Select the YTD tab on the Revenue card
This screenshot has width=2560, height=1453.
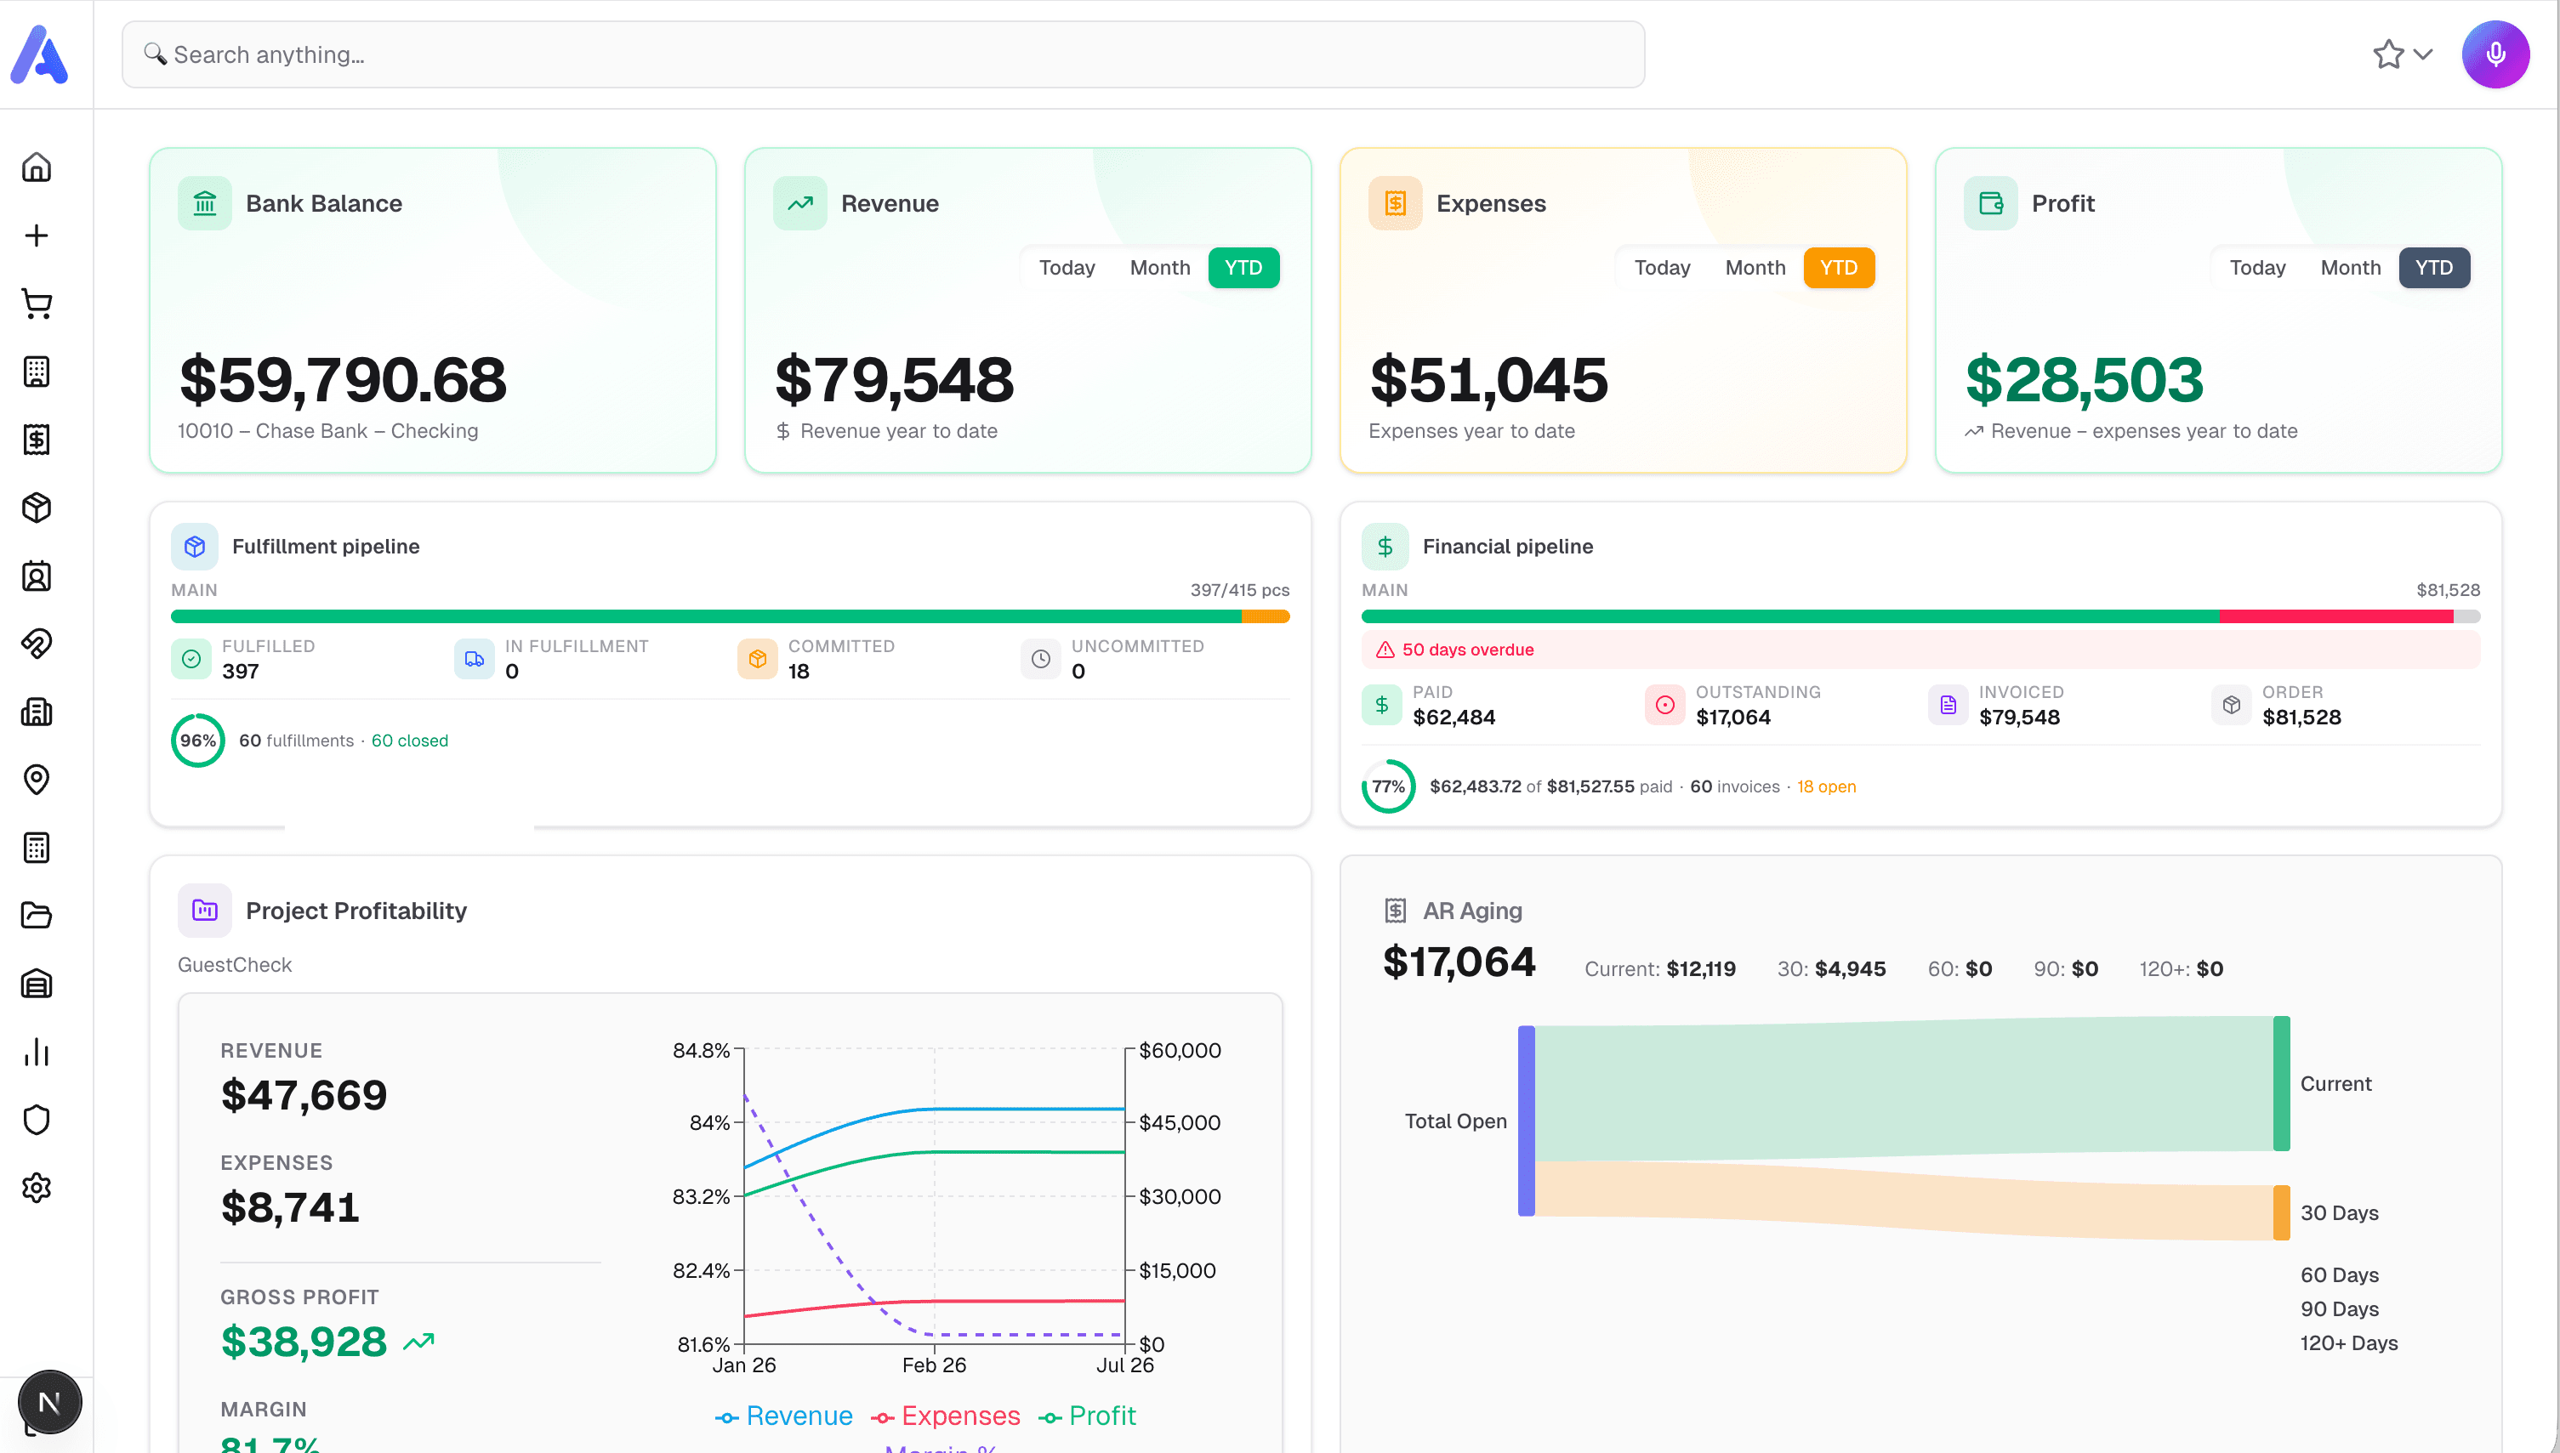click(x=1243, y=268)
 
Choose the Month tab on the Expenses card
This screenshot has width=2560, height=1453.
click(x=1755, y=268)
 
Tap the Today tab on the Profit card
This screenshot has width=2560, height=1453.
click(x=2256, y=268)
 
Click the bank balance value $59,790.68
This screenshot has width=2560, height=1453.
click(x=343, y=380)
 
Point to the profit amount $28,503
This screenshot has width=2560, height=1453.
click(x=2084, y=380)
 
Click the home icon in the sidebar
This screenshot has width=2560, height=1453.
click(x=37, y=167)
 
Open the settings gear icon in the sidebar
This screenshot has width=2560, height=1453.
click(x=37, y=1188)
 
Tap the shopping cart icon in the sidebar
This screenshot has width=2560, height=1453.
click(x=37, y=304)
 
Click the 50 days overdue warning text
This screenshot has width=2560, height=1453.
click(x=1467, y=650)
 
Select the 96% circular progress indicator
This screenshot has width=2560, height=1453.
click(x=197, y=741)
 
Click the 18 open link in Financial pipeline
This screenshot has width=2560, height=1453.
click(x=1825, y=786)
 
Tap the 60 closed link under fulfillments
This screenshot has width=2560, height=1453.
click(x=409, y=741)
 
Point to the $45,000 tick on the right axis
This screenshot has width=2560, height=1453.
click(x=1179, y=1122)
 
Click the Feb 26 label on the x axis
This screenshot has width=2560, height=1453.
click(x=933, y=1365)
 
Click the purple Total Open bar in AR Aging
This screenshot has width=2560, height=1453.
click(x=1525, y=1121)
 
